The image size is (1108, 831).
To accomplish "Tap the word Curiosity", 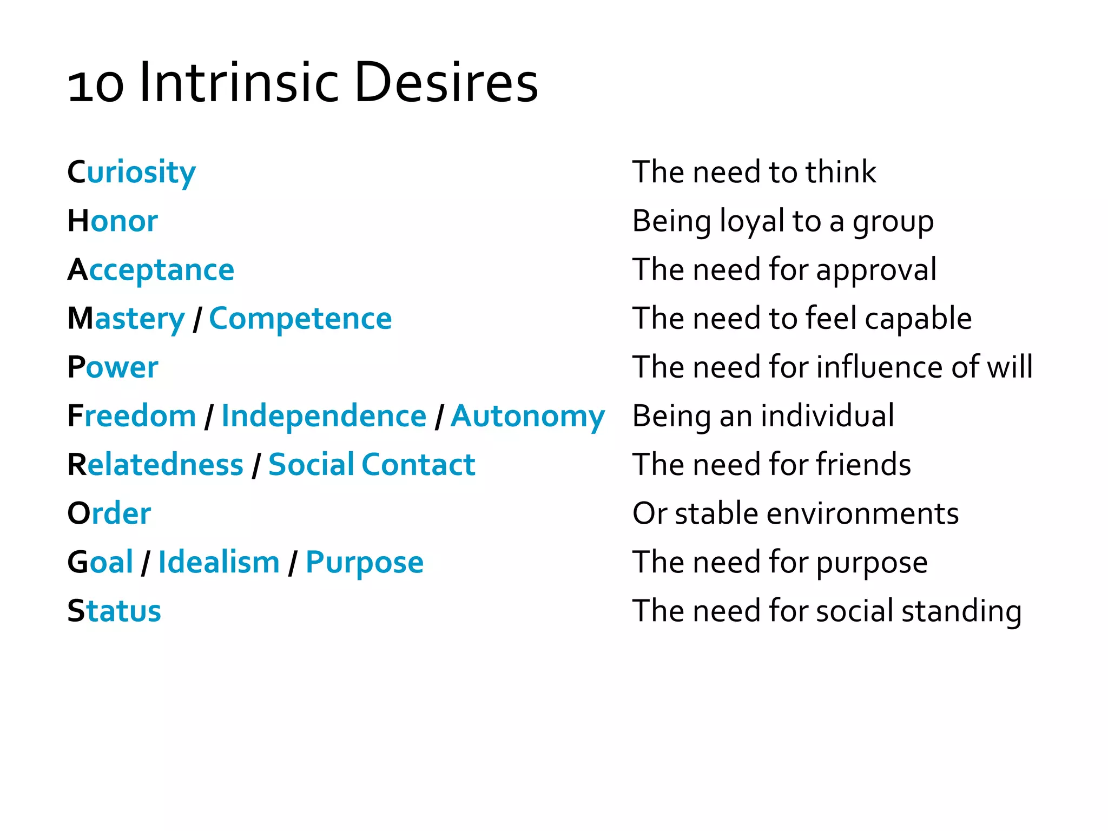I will (131, 173).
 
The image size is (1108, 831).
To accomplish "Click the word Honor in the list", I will (113, 221).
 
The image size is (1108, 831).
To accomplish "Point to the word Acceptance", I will (151, 270).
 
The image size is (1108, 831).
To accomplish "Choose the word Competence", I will (300, 319).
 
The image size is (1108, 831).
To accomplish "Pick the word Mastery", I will (126, 319).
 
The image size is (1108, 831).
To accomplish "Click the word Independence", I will (324, 416).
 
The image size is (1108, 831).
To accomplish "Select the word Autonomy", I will (527, 416).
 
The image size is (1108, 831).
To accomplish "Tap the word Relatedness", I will (155, 465).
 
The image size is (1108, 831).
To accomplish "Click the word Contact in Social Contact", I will (418, 465).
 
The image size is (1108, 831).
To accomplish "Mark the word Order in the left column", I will (109, 513).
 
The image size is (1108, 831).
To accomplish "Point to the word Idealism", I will (219, 562).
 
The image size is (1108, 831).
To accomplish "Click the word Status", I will (114, 611).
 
